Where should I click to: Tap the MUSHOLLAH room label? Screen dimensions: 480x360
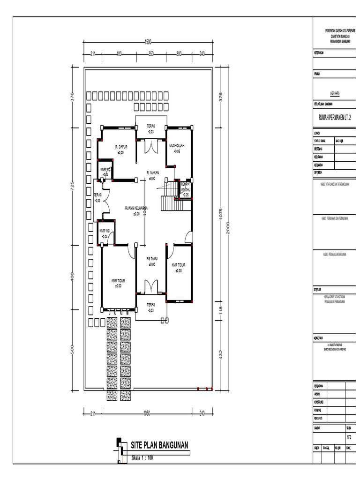[177, 146]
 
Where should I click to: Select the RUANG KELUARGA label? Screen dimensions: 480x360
[136, 208]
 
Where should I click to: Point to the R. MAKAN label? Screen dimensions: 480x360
[152, 173]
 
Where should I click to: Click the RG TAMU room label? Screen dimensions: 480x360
[151, 258]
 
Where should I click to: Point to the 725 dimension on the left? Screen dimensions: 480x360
[72, 186]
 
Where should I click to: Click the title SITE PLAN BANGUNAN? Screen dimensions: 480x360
[159, 444]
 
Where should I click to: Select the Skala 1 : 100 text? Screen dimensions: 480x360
[142, 458]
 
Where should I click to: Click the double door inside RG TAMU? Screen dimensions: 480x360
[151, 285]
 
